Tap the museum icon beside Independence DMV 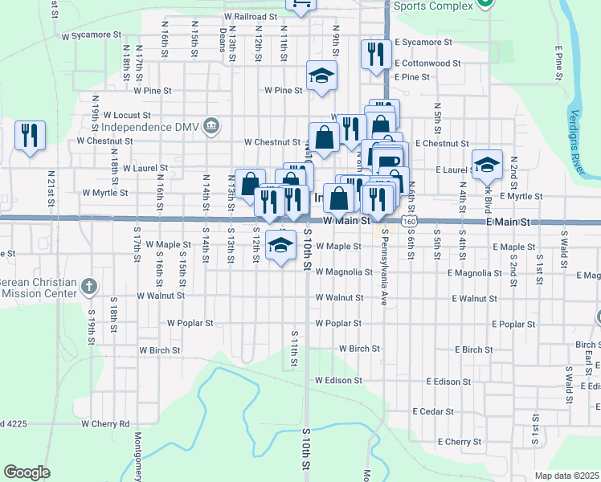[x=211, y=125]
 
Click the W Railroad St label [x=251, y=16]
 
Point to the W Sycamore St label [x=91, y=36]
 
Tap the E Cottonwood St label [x=427, y=63]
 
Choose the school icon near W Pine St [x=321, y=76]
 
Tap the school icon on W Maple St [x=280, y=243]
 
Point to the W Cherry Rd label [x=105, y=423]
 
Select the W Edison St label [x=338, y=380]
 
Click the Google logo [x=27, y=472]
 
